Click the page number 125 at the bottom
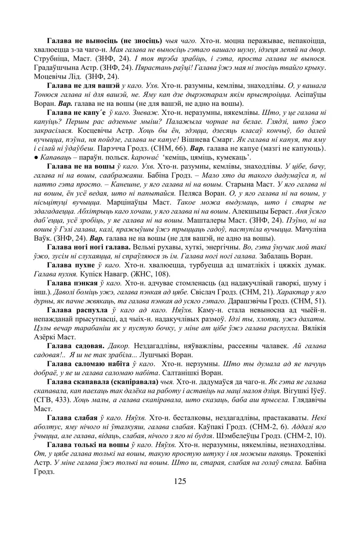tap(180, 481)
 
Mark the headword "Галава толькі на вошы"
tap(88, 445)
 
